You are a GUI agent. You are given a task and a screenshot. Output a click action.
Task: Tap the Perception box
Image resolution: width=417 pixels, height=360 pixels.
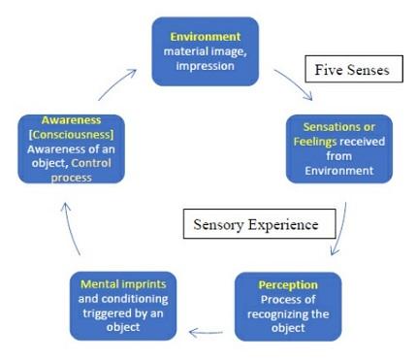[276, 307]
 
